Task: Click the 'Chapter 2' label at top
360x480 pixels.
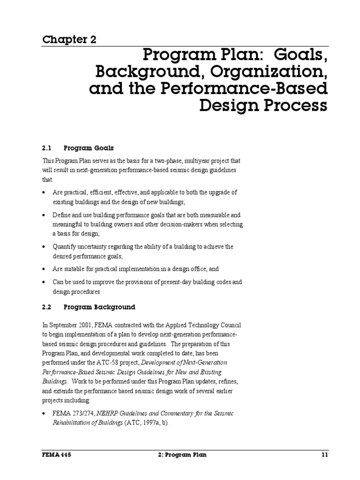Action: pos(69,39)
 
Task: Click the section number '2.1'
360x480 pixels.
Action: pos(46,148)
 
